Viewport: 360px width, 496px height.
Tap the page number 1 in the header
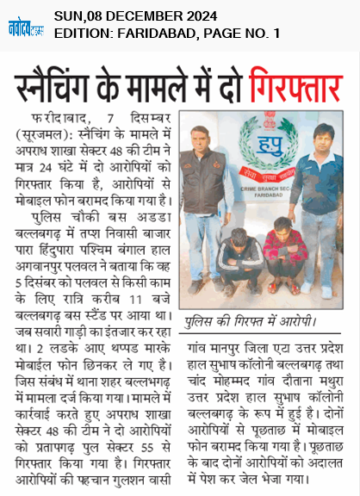276,34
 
